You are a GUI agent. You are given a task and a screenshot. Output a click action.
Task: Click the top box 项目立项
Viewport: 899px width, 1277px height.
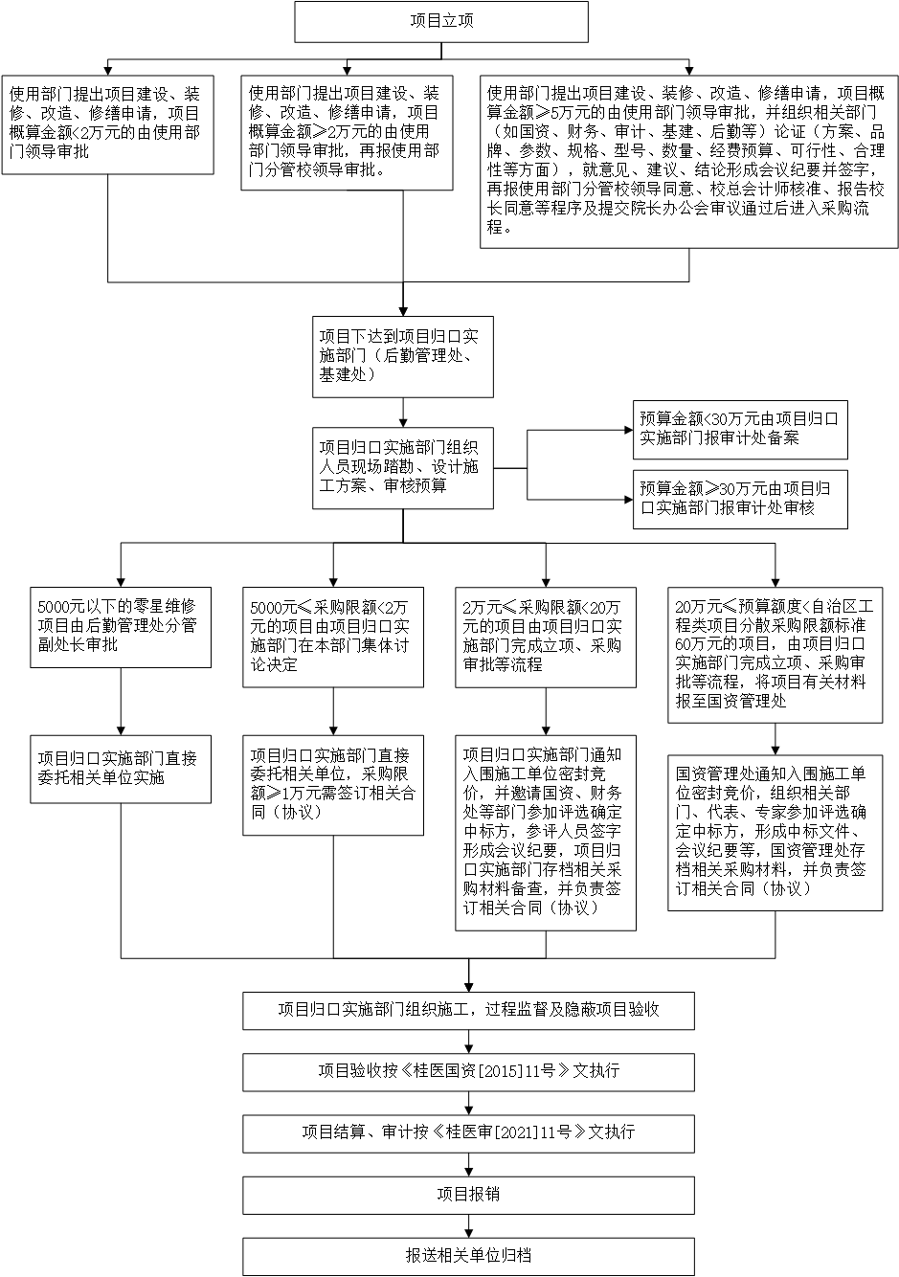441,22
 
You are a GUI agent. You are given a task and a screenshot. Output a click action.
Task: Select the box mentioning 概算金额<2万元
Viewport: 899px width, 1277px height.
108,124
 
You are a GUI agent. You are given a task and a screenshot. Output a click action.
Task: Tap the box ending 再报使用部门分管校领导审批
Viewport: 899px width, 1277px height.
347,133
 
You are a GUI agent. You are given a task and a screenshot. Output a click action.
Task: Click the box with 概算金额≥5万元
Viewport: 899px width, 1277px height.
688,162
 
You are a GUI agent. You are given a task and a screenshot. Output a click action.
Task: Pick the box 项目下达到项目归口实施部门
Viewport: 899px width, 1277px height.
402,357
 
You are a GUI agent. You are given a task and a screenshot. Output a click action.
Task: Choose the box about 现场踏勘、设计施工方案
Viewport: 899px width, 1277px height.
402,468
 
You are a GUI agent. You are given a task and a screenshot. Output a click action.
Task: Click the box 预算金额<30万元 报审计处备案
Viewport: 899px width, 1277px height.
740,430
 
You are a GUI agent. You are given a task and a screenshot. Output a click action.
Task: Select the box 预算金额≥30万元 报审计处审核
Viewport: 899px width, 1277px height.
740,500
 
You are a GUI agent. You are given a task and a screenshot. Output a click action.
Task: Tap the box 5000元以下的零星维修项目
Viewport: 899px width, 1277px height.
121,627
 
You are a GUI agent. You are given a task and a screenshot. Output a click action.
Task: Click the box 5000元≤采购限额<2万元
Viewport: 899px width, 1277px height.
333,638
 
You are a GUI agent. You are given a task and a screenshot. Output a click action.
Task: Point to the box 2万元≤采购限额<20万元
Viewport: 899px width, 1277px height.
546,638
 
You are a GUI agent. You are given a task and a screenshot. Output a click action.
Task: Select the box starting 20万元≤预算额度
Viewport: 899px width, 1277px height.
775,655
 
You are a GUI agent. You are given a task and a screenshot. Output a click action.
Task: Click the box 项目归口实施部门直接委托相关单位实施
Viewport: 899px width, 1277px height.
121,769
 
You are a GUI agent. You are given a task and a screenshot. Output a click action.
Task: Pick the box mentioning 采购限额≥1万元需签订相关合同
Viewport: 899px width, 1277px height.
333,786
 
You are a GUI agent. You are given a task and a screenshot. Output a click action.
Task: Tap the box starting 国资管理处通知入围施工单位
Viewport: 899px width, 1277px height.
775,833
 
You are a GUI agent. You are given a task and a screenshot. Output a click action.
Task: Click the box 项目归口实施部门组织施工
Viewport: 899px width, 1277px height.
468,1011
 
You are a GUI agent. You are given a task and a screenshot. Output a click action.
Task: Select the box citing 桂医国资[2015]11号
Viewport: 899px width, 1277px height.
468,1072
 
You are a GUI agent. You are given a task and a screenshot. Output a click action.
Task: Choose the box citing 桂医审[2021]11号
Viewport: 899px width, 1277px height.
468,1134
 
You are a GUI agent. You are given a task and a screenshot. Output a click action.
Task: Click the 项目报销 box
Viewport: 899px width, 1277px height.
468,1196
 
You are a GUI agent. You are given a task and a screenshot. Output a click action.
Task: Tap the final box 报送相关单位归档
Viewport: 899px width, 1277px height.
468,1257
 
